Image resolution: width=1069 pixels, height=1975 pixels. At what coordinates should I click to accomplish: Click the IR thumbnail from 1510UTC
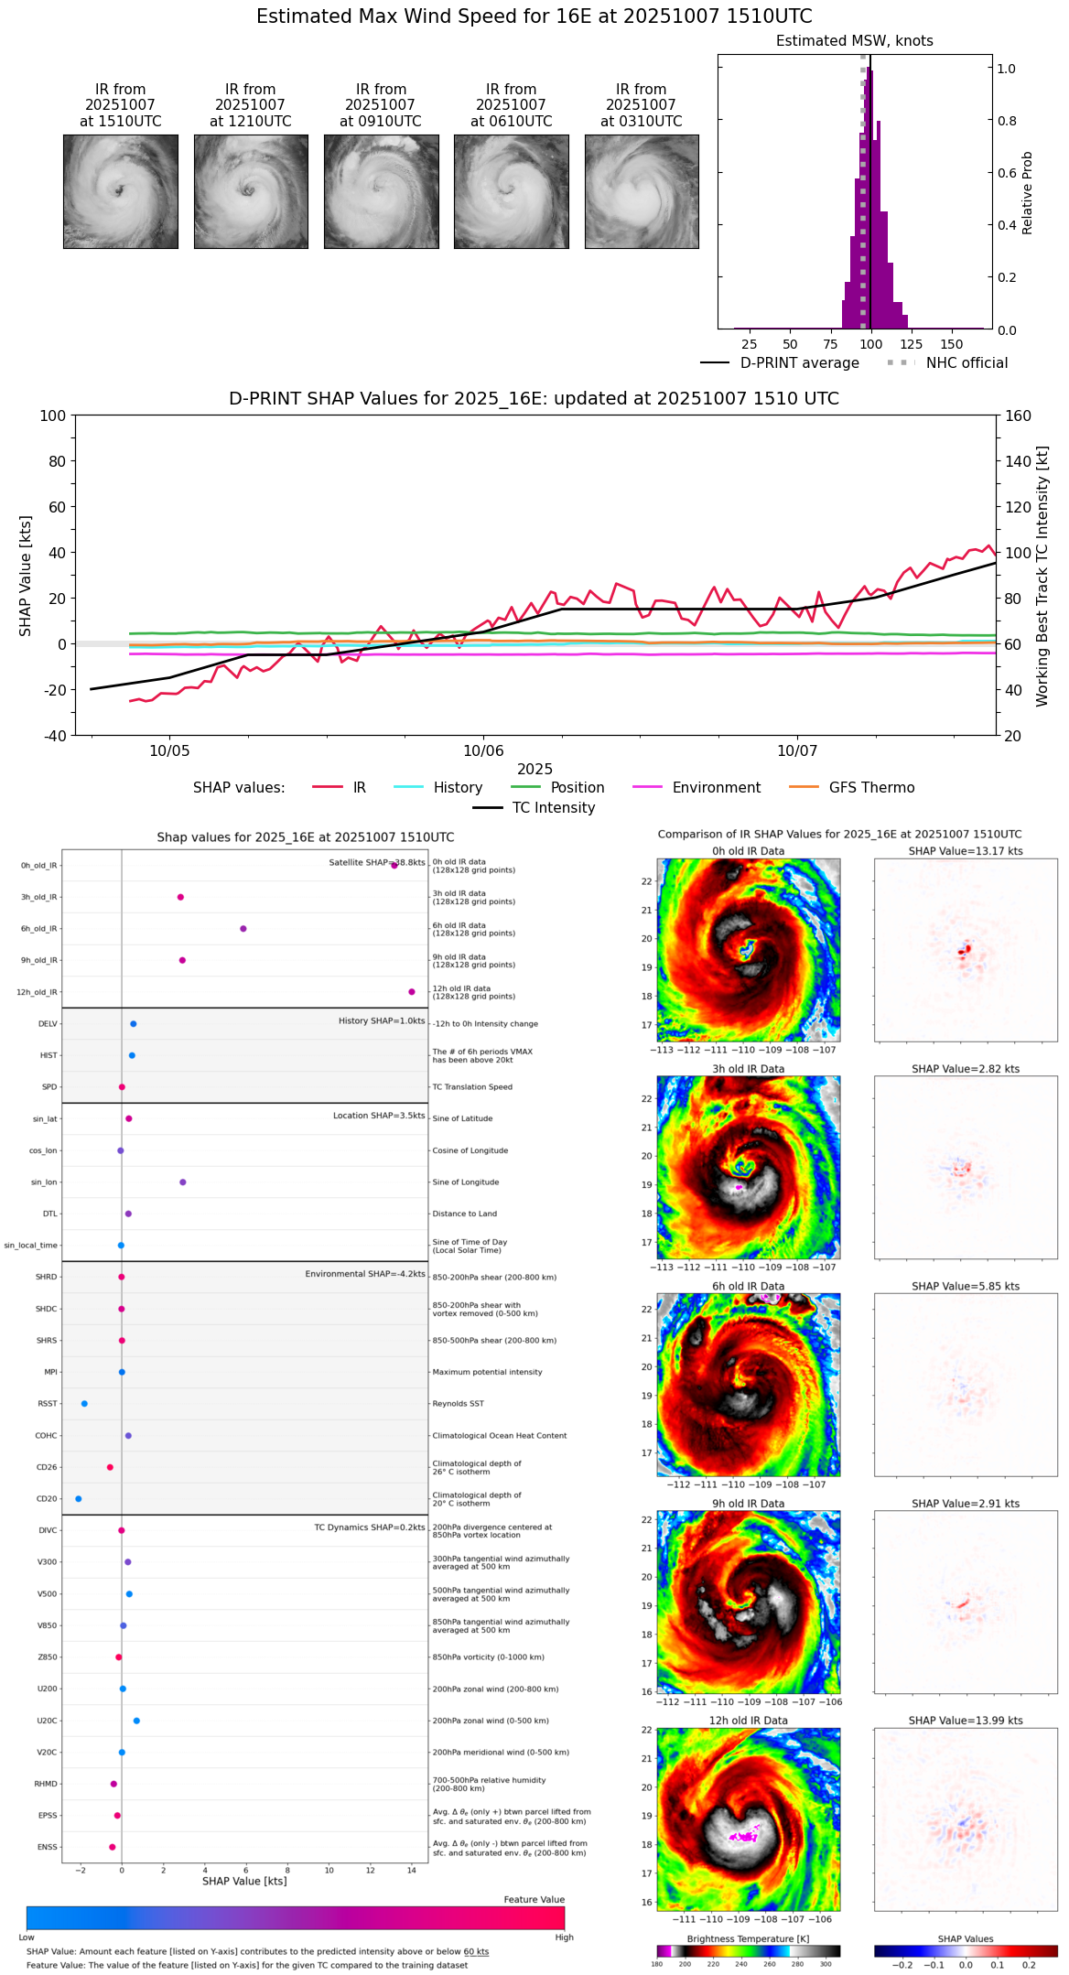[121, 191]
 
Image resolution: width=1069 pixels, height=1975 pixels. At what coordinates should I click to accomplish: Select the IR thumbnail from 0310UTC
[642, 191]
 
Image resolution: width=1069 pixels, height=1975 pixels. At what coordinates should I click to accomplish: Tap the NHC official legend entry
[966, 363]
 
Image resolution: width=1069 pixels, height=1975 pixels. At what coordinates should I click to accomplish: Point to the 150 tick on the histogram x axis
[952, 344]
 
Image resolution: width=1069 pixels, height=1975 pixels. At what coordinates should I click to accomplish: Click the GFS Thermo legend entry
[870, 788]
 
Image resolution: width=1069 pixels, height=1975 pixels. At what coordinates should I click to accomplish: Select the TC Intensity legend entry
[553, 808]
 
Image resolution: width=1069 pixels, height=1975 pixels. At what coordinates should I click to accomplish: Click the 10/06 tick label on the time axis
[483, 751]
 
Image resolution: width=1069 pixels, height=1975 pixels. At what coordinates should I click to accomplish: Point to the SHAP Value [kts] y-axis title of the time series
[26, 576]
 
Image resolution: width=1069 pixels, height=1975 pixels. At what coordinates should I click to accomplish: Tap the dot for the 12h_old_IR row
[412, 992]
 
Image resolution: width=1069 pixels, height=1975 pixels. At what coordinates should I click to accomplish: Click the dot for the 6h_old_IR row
[243, 929]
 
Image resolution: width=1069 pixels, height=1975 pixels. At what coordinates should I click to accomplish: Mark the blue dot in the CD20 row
[79, 1499]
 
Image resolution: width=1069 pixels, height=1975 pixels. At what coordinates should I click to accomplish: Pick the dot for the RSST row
[84, 1404]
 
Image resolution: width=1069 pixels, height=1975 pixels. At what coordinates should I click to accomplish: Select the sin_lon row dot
[183, 1182]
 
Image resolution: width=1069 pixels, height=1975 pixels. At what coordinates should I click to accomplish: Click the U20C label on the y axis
[47, 1721]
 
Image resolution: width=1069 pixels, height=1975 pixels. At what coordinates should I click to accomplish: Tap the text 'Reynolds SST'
[459, 1404]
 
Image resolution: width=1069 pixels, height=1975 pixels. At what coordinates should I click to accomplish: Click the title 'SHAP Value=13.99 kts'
[966, 1721]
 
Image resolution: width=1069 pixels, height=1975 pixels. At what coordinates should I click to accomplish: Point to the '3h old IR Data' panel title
[748, 1069]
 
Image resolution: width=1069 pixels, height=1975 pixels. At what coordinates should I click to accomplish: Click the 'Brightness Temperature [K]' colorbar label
[748, 1939]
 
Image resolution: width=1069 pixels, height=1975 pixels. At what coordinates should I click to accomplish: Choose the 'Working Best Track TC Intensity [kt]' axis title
[1042, 576]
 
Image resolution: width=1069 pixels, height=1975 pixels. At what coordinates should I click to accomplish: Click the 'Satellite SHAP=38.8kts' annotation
[377, 863]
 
